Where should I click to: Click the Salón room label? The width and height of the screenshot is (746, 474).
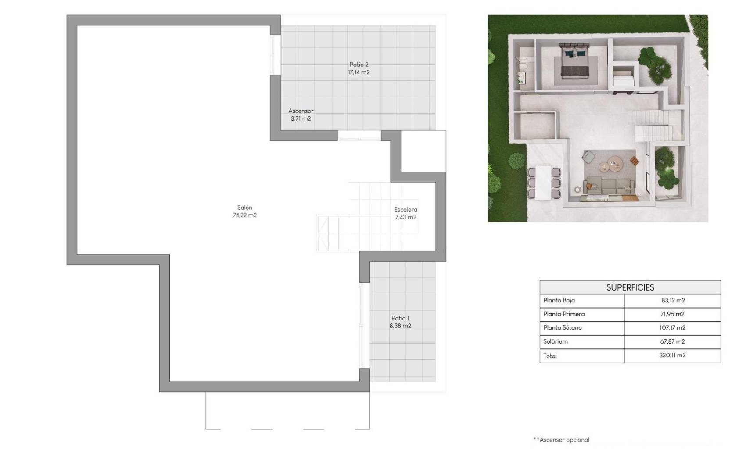tap(244, 208)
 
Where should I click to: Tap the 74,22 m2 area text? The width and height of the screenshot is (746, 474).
tap(244, 215)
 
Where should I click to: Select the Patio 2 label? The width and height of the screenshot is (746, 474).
tap(359, 65)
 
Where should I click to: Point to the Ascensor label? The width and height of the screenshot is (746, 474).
tap(301, 111)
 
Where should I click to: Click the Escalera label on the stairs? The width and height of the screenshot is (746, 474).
tap(405, 209)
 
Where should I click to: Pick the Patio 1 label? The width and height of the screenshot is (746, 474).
tap(400, 318)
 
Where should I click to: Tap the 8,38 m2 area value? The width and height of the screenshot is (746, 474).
tap(400, 326)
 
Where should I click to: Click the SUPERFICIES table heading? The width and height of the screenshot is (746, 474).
tap(630, 287)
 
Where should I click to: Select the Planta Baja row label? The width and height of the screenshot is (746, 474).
tap(559, 300)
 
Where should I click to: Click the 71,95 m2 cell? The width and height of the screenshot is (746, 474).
tap(672, 314)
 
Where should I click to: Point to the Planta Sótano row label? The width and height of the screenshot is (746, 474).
tap(562, 327)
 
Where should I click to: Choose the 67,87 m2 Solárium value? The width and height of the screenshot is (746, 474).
tap(672, 341)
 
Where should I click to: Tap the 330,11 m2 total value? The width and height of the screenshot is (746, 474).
tap(672, 355)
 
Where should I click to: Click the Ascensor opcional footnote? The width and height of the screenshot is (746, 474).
tap(561, 439)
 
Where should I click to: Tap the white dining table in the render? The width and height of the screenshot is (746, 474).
tap(543, 181)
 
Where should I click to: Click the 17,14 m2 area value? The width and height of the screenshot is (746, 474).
tap(359, 72)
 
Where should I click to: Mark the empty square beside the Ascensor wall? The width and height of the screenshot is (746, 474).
tap(423, 151)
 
